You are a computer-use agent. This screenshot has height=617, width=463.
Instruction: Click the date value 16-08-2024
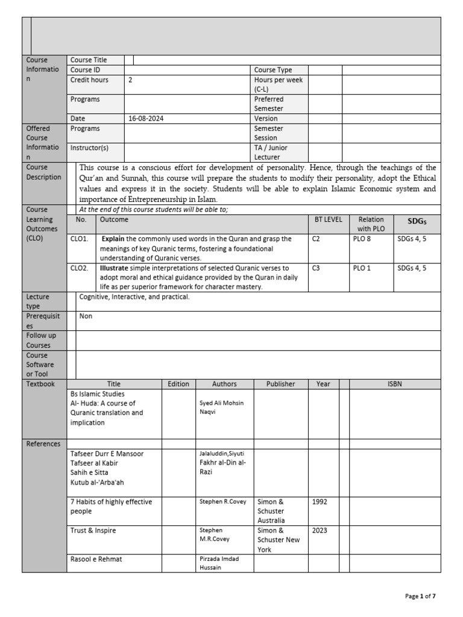pos(146,119)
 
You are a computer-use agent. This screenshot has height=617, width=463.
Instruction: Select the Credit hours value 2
pos(130,80)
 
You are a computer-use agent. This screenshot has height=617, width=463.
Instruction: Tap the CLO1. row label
pos(80,239)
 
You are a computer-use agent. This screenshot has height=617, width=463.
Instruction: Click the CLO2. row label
pos(80,268)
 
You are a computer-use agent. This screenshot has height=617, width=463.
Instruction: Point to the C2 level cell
pos(317,239)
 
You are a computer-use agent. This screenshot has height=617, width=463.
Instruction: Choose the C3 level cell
pos(317,268)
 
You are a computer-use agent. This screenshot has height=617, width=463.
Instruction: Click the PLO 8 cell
pos(363,239)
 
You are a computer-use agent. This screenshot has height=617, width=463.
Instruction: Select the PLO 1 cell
pos(363,268)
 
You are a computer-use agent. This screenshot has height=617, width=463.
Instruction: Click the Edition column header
pos(178,384)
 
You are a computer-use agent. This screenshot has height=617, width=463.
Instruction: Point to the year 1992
pos(320,501)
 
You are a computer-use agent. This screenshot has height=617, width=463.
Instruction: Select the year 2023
pos(320,530)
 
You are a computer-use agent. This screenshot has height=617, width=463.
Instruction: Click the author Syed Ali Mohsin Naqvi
pos(222,408)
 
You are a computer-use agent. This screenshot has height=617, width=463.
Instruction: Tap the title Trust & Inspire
pos(93,530)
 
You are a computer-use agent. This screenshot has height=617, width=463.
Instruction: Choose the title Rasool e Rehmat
pos(96,559)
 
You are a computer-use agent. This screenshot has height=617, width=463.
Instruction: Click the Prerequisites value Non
pos(86,316)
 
